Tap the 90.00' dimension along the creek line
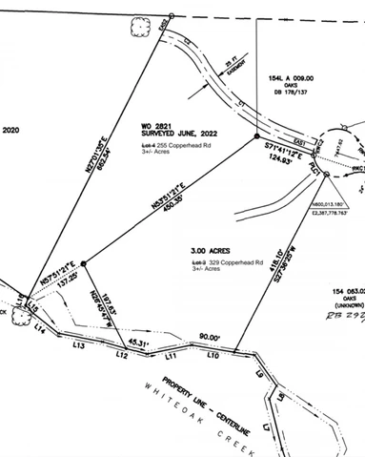click(210, 337)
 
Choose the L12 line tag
click(121, 355)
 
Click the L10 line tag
click(213, 355)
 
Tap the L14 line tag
click(40, 327)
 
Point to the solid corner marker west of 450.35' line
click(84, 263)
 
